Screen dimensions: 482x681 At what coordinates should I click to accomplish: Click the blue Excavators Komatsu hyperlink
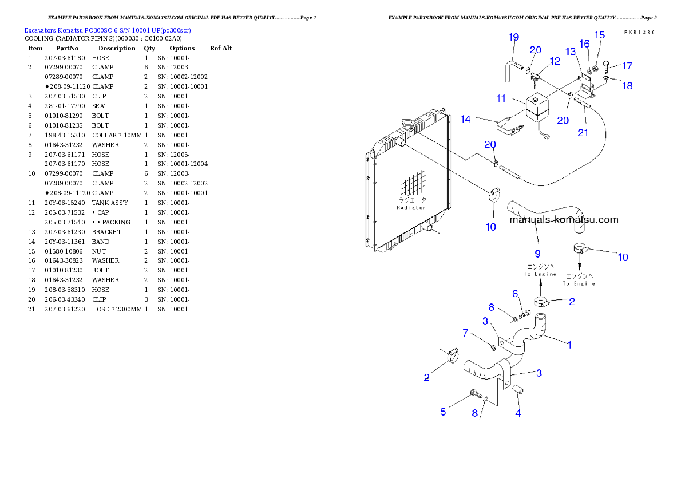108,30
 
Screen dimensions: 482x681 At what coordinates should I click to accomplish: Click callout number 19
514,38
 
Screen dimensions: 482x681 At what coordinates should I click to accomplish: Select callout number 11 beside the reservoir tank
501,98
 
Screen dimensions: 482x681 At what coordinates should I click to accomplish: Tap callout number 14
466,120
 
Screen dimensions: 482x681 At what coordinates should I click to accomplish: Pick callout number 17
628,65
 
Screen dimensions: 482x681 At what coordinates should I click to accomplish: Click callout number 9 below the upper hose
537,252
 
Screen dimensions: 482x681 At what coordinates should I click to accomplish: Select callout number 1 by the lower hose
569,345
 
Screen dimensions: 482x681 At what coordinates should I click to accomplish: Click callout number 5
443,412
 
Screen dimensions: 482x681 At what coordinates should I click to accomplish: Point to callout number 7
465,333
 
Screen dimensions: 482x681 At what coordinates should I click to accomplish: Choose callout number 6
515,293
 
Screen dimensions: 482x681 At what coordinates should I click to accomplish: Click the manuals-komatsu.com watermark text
563,219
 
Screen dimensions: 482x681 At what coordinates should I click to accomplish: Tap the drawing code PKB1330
639,33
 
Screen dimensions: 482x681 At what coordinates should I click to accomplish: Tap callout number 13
571,52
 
